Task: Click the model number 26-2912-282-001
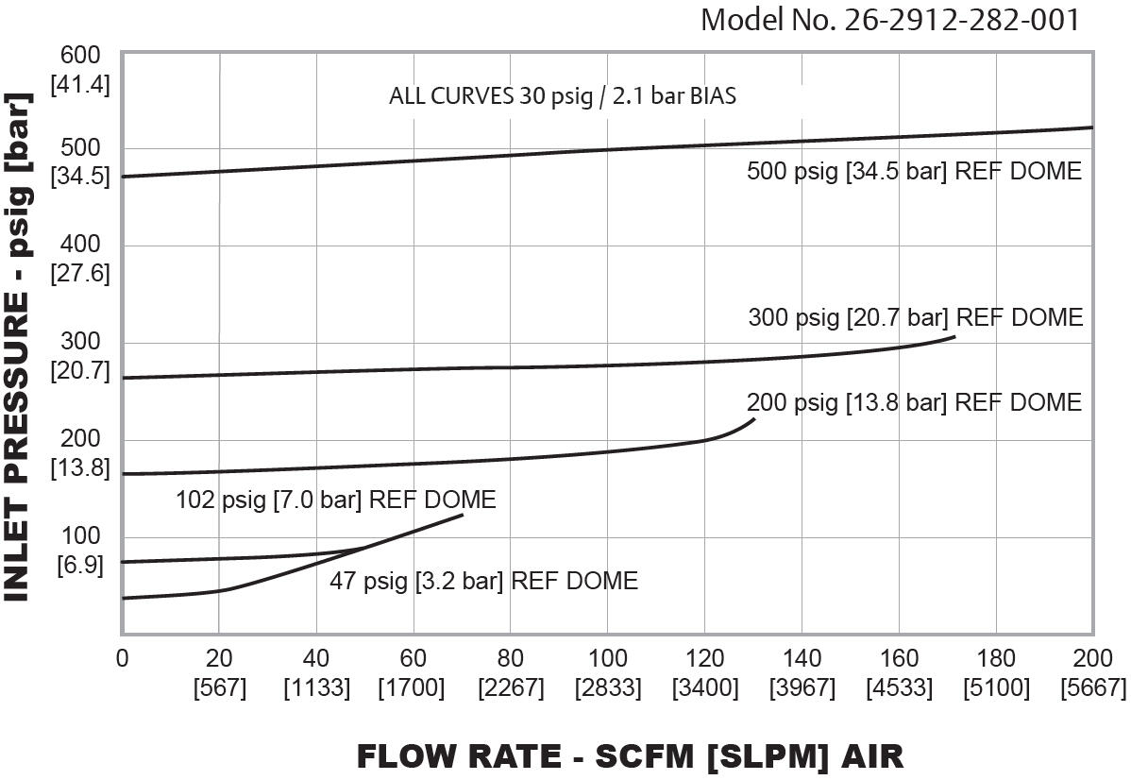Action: pyautogui.click(x=889, y=20)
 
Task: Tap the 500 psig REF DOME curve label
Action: pyautogui.click(x=913, y=171)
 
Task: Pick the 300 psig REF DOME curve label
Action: pyautogui.click(x=915, y=317)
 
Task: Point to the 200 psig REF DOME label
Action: pyautogui.click(x=913, y=402)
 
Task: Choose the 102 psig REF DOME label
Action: pyautogui.click(x=335, y=500)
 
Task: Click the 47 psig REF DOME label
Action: pyautogui.click(x=483, y=581)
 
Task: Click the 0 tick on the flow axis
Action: pyautogui.click(x=122, y=658)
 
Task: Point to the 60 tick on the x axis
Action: pyautogui.click(x=413, y=658)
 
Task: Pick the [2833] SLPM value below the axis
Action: pyautogui.click(x=607, y=688)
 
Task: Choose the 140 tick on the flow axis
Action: pyautogui.click(x=802, y=658)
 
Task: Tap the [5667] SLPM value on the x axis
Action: pyautogui.click(x=1093, y=688)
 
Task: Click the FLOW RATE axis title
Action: pyautogui.click(x=630, y=755)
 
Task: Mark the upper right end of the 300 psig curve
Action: pyautogui.click(x=954, y=336)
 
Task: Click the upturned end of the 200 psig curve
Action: pyautogui.click(x=753, y=418)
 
